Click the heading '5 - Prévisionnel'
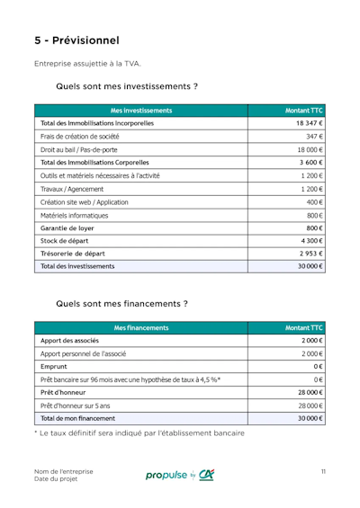(x=76, y=40)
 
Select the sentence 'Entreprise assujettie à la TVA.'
(x=87, y=64)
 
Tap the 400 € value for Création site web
(x=314, y=203)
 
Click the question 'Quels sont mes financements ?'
(x=121, y=304)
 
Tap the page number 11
(x=322, y=472)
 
